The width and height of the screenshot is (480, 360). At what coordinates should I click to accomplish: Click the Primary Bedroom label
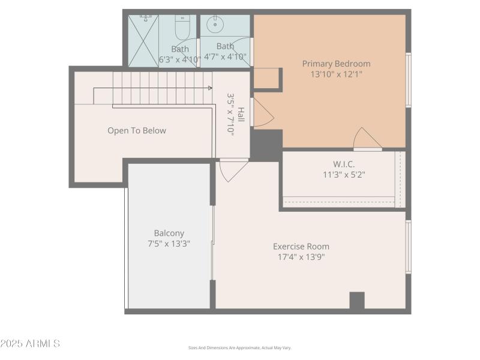click(x=336, y=64)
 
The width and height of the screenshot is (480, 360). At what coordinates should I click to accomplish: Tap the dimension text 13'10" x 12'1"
click(x=336, y=74)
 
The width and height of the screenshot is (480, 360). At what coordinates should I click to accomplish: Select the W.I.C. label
click(x=344, y=164)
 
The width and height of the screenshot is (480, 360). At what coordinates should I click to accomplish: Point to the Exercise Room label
click(x=301, y=247)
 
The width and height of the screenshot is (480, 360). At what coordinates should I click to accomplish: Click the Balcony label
click(x=169, y=233)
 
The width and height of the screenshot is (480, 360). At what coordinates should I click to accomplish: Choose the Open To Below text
click(x=137, y=131)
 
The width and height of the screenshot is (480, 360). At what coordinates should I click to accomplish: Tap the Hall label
click(x=241, y=115)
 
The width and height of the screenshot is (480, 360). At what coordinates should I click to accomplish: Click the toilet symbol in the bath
click(x=183, y=27)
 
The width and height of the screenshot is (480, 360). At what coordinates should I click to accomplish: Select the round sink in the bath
click(x=215, y=24)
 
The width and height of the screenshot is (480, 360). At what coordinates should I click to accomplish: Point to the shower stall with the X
click(x=143, y=41)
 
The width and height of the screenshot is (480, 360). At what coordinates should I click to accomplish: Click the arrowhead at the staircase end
click(x=210, y=88)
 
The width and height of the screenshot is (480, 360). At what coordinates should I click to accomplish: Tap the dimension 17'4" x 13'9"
click(x=301, y=257)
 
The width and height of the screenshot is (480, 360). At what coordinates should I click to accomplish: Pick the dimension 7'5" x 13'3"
click(x=169, y=244)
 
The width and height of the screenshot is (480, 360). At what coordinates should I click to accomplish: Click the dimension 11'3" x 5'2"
click(x=344, y=175)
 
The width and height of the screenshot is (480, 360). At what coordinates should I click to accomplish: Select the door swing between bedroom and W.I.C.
click(x=367, y=139)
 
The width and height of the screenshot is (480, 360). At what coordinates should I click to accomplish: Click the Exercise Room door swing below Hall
click(x=233, y=170)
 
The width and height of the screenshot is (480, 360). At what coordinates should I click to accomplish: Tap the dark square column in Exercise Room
click(x=357, y=301)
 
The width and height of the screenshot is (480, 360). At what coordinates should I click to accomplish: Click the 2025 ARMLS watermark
click(x=30, y=343)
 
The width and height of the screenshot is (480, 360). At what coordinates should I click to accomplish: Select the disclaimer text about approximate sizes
click(x=239, y=348)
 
